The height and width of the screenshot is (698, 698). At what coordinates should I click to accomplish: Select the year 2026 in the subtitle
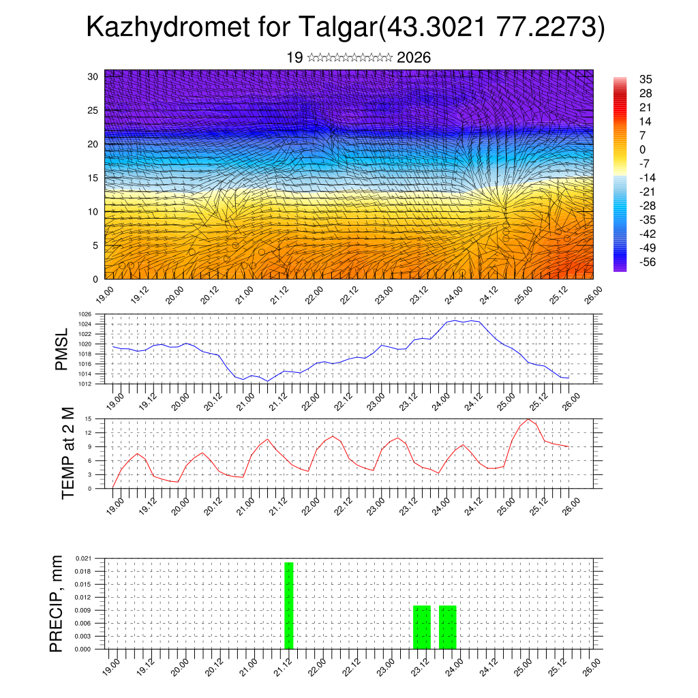point(413,58)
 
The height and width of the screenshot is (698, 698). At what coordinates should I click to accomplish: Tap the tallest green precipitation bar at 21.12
point(289,605)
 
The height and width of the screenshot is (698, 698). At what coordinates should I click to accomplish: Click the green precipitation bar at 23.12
point(422,627)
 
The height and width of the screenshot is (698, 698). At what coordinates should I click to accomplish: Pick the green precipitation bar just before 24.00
point(447,627)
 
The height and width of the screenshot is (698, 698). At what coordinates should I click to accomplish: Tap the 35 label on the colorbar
point(646,79)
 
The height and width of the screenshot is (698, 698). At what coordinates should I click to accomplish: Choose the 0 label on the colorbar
point(643,149)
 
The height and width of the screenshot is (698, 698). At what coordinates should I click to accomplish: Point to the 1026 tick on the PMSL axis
point(95,314)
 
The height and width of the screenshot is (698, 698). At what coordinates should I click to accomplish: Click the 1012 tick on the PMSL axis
point(95,384)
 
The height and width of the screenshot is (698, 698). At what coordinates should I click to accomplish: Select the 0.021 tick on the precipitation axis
point(93,558)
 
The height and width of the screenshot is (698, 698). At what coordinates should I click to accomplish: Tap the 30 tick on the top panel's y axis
point(93,76)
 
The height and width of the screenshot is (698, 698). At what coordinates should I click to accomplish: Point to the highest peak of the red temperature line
point(528,419)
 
